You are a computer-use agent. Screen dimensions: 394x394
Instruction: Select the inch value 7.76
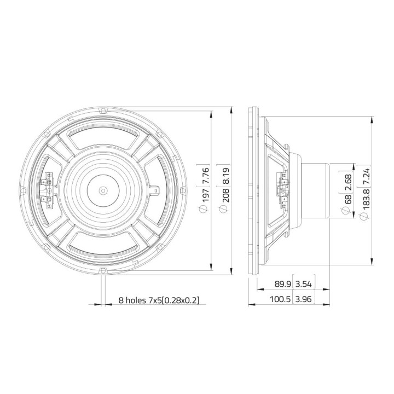click(206, 177)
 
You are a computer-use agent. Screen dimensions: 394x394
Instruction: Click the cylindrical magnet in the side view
click(315, 190)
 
